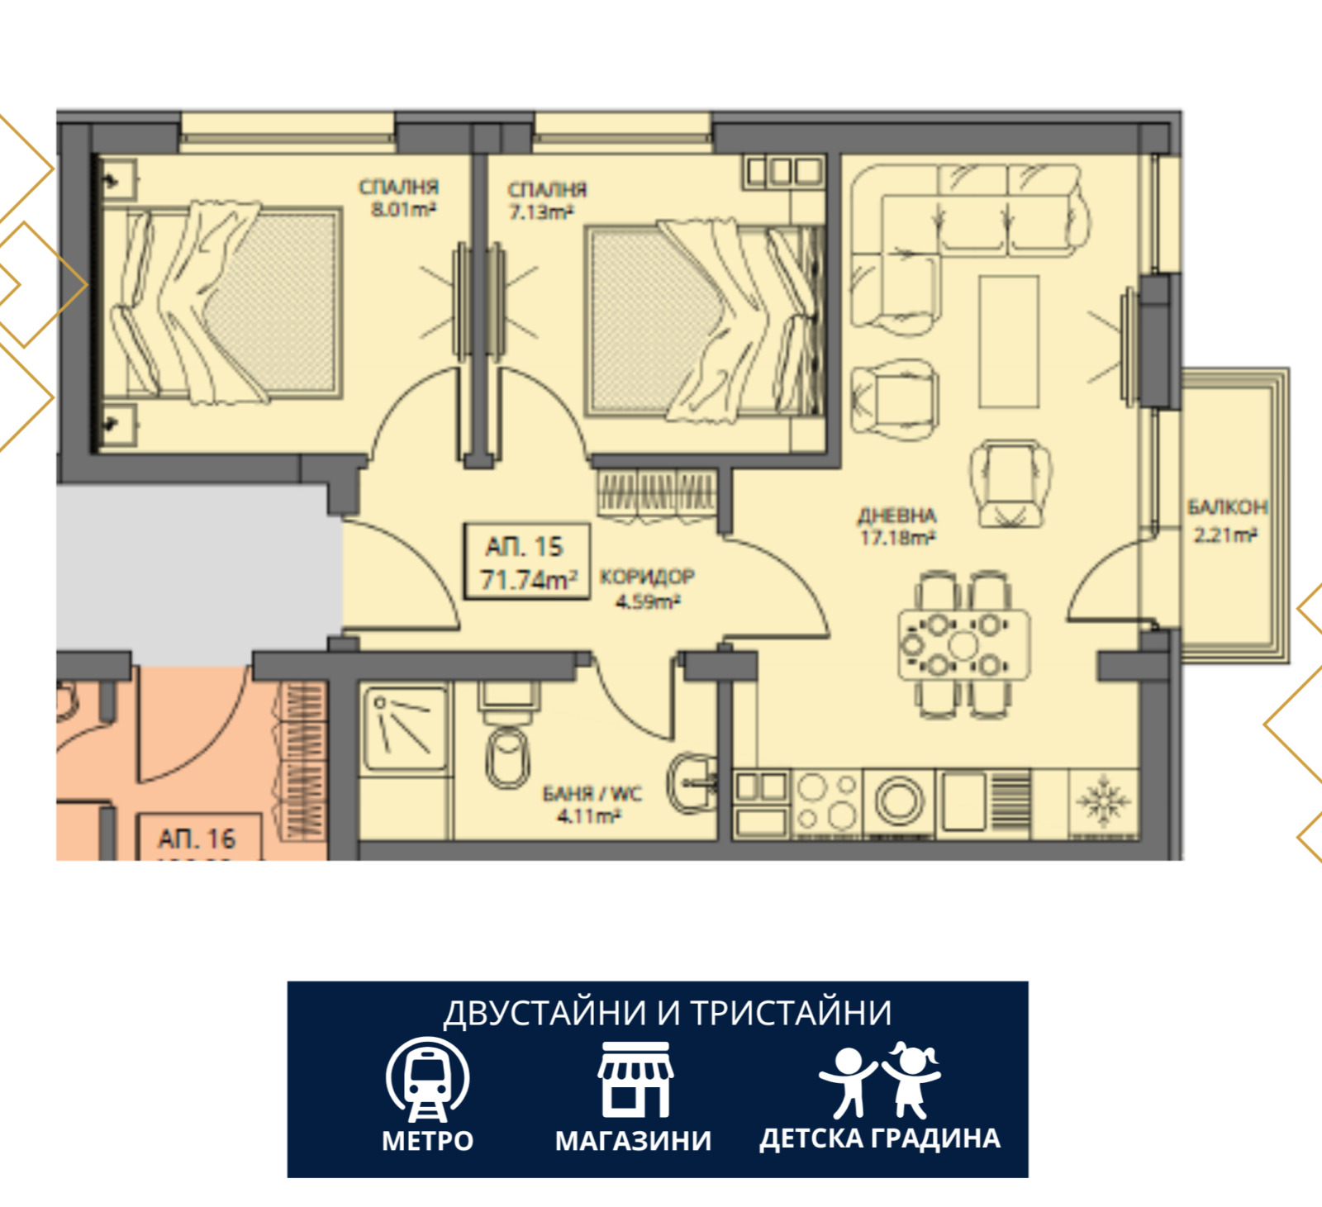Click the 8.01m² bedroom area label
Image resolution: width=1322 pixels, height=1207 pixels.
click(402, 210)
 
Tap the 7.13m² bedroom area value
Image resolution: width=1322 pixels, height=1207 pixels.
click(541, 212)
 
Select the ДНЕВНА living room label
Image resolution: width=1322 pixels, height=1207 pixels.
click(896, 516)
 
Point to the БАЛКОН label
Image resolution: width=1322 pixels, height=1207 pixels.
click(1226, 506)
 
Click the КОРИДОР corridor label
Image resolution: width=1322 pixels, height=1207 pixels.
click(647, 576)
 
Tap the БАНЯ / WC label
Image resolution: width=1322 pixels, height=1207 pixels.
click(592, 793)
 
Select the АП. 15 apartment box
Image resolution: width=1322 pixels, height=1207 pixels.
click(526, 562)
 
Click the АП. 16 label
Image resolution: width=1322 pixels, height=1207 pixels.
click(197, 839)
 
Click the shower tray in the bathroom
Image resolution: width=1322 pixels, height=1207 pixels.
click(405, 728)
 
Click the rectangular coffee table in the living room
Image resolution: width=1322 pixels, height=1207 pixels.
click(1008, 341)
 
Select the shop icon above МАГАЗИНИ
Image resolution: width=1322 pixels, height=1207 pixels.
click(635, 1080)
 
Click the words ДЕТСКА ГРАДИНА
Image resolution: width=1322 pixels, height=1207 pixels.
click(880, 1138)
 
